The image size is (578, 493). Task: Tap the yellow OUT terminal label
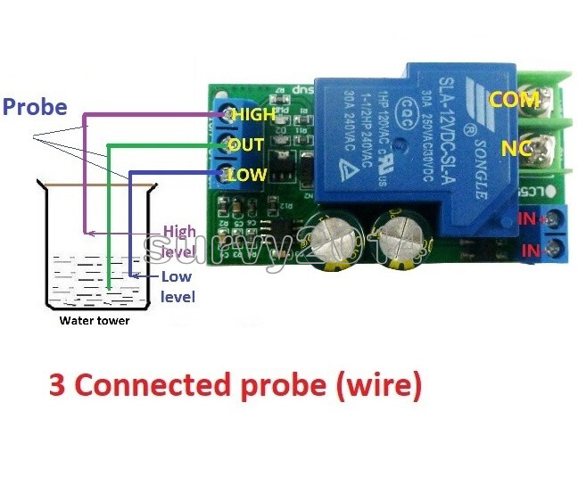click(x=246, y=144)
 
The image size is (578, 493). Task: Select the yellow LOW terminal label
click(x=247, y=175)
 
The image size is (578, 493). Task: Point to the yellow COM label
click(x=516, y=101)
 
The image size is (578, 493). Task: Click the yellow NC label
click(x=515, y=149)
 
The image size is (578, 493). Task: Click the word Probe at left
click(x=35, y=108)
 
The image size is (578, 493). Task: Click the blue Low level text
click(x=177, y=287)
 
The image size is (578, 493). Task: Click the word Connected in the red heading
click(x=169, y=385)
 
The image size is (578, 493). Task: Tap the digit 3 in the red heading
click(x=57, y=385)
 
